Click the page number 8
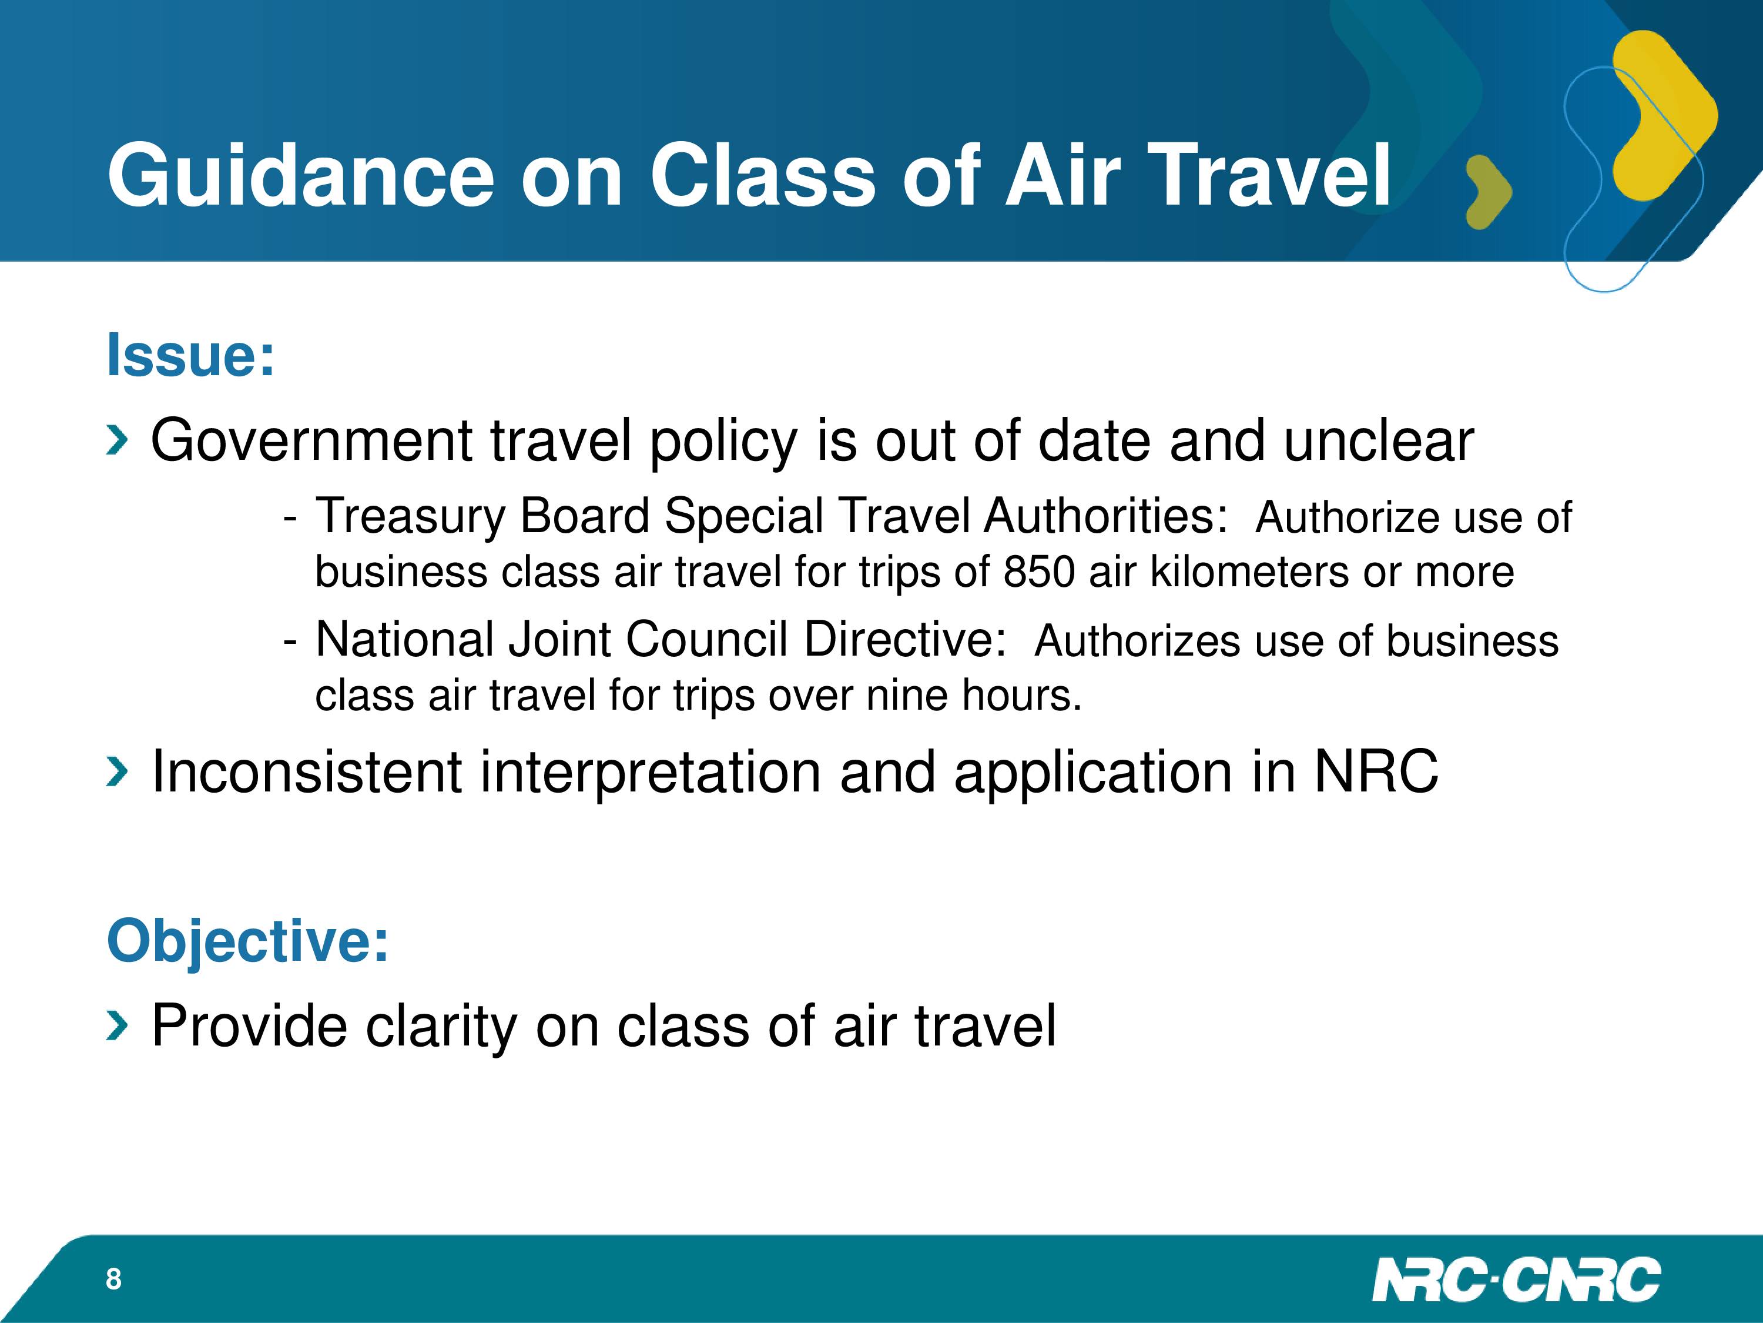click(114, 1279)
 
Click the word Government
click(311, 440)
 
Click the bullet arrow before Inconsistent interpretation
click(116, 772)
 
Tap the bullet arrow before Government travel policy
click(116, 441)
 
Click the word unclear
click(1379, 440)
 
